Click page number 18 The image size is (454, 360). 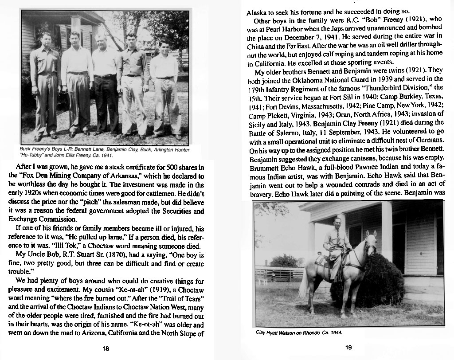(x=106, y=348)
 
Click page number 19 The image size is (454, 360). (x=348, y=347)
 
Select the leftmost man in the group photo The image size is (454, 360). (x=45, y=84)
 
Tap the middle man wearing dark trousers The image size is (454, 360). (x=105, y=84)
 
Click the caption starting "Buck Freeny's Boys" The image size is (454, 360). (x=67, y=149)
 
